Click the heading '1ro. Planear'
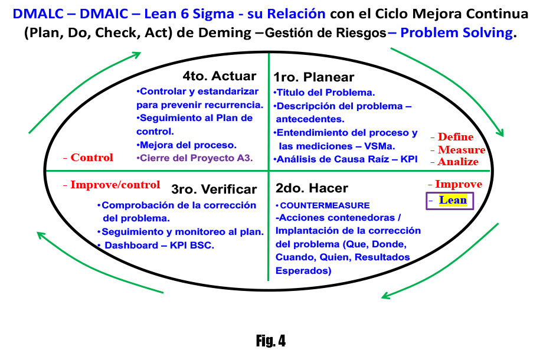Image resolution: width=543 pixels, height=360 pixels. click(x=313, y=77)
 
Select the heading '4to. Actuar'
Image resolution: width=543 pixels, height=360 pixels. click(x=219, y=76)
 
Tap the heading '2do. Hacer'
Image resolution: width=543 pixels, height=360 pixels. click(x=312, y=188)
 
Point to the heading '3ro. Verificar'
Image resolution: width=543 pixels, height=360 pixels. click(x=214, y=189)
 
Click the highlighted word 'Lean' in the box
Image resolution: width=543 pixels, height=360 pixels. click(x=453, y=200)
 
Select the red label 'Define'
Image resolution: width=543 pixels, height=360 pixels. click(x=455, y=138)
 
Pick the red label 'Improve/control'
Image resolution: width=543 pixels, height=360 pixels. click(x=112, y=185)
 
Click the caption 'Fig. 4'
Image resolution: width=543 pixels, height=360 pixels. click(x=271, y=341)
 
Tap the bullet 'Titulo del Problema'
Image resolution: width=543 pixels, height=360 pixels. click(x=325, y=93)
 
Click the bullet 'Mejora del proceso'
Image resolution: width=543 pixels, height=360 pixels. click(x=186, y=144)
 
